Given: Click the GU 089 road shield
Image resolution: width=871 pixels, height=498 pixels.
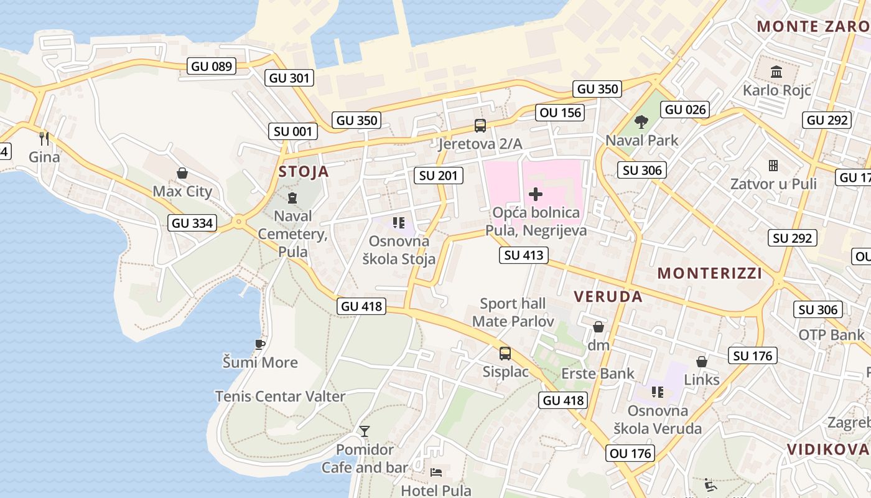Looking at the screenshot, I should [212, 66].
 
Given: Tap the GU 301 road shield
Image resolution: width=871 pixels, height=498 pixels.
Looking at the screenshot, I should [289, 78].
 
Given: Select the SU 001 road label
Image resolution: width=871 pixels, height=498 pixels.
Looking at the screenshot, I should [295, 131].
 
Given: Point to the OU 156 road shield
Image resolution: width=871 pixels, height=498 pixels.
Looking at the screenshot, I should [560, 113].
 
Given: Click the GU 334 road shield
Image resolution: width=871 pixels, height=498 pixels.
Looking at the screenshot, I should [192, 223].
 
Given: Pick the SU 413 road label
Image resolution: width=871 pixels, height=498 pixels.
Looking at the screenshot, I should [524, 255].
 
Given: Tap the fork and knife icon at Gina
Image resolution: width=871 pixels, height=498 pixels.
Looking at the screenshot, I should [44, 138].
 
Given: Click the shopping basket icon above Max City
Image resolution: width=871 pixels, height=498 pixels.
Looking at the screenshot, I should [182, 172].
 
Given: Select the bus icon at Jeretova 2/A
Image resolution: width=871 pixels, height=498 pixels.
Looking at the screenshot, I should [480, 126].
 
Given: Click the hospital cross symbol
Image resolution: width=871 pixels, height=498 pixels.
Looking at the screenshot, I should [535, 194].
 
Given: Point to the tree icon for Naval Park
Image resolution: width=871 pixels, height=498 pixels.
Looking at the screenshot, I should [641, 121].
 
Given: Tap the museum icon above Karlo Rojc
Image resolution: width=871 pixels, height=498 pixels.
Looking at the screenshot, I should [776, 72].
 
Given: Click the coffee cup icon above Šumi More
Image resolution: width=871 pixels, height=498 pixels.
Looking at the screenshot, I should [260, 344].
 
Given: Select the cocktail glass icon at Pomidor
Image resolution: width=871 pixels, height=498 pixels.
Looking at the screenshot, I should [365, 431].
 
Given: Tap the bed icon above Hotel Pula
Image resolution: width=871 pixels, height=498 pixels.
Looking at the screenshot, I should [436, 472].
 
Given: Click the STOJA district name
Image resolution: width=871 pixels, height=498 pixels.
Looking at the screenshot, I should [304, 171].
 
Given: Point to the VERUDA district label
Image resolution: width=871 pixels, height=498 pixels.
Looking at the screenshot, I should [608, 296].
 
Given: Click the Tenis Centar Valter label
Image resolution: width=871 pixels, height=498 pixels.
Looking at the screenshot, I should [280, 397].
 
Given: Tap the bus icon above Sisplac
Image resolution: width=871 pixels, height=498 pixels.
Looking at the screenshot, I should [505, 354].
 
